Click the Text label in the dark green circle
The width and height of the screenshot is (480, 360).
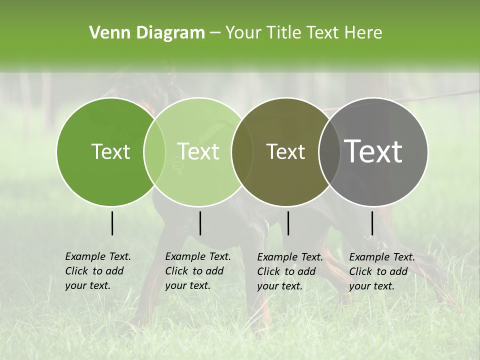click(110, 151)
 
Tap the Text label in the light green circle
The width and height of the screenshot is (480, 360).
click(198, 151)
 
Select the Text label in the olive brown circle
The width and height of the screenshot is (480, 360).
click(286, 151)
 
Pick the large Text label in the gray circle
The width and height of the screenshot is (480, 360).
click(373, 151)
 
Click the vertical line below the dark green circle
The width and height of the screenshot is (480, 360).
click(112, 223)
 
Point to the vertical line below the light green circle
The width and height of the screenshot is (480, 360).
click(200, 223)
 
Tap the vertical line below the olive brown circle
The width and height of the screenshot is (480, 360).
click(288, 223)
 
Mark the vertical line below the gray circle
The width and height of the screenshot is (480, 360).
click(372, 223)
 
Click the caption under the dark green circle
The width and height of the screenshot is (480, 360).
click(97, 271)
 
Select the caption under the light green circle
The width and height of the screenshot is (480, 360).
click(197, 271)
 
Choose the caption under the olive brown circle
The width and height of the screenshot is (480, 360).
click(290, 271)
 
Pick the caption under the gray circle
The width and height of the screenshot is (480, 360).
click(381, 271)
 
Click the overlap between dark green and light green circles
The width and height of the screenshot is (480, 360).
click(154, 151)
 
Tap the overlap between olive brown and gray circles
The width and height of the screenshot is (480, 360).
click(329, 151)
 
